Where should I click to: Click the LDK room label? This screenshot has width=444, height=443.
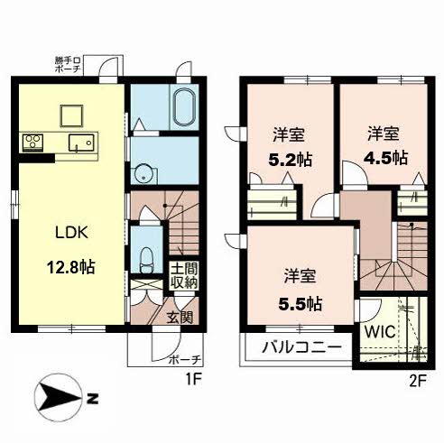(71, 233)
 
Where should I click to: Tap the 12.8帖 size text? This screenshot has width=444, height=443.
(71, 267)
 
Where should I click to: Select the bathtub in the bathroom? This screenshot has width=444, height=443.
(185, 107)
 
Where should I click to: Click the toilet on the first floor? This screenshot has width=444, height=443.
(147, 260)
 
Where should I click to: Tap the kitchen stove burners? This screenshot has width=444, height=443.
(32, 142)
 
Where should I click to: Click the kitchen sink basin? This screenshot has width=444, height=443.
(81, 143)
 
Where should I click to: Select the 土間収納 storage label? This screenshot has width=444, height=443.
(184, 275)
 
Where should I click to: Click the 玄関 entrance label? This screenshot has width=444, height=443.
(180, 317)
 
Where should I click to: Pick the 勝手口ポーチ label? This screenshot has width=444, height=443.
(68, 64)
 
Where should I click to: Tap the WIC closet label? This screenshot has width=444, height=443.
(380, 332)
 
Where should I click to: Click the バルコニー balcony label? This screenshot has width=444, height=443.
(302, 348)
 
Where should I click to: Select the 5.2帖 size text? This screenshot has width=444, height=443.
(290, 160)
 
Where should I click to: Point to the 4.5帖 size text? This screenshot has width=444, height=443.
(386, 157)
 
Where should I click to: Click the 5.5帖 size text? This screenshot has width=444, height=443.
(301, 304)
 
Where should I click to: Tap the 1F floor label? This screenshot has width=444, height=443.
(193, 381)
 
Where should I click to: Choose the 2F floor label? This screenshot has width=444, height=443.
(418, 381)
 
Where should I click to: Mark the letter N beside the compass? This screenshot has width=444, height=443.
(93, 399)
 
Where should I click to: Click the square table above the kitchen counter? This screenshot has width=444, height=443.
(71, 115)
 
